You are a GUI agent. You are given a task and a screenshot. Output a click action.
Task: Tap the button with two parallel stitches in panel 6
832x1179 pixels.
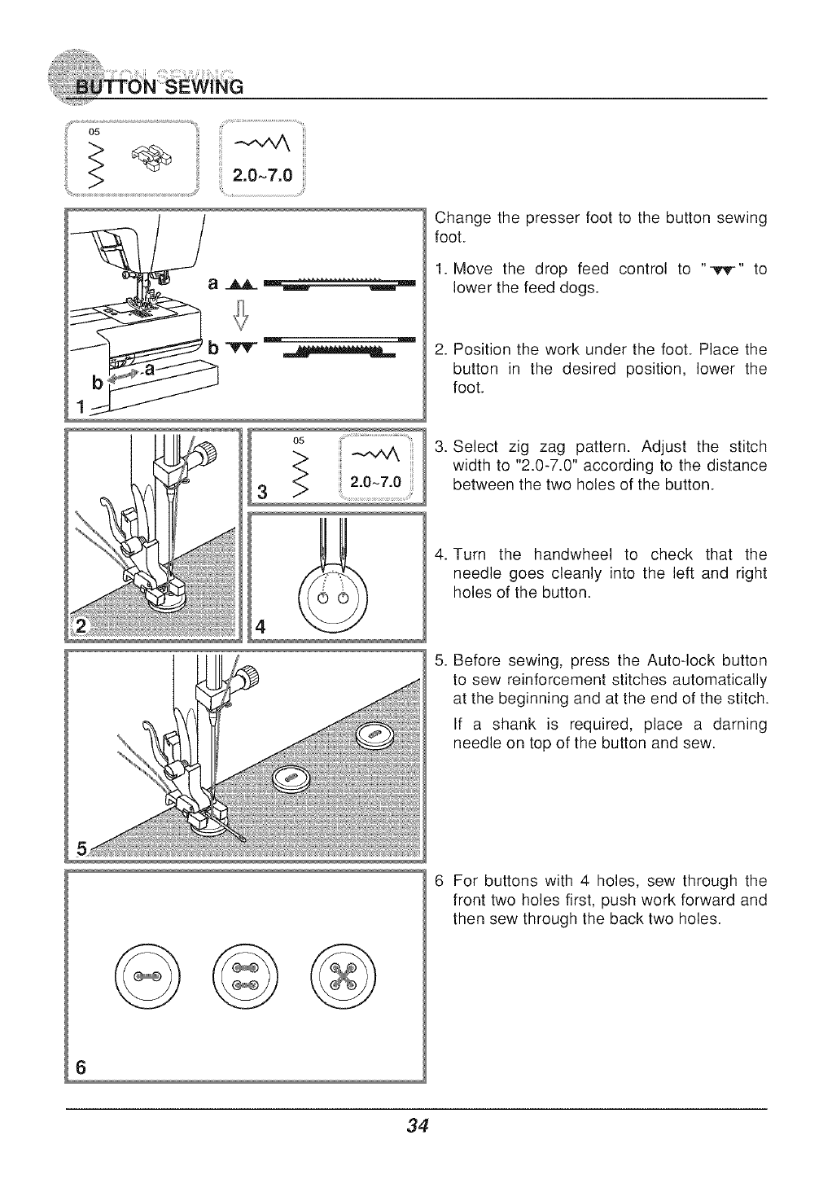click(x=245, y=973)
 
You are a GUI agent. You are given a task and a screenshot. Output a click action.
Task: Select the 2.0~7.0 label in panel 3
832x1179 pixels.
click(x=374, y=482)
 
